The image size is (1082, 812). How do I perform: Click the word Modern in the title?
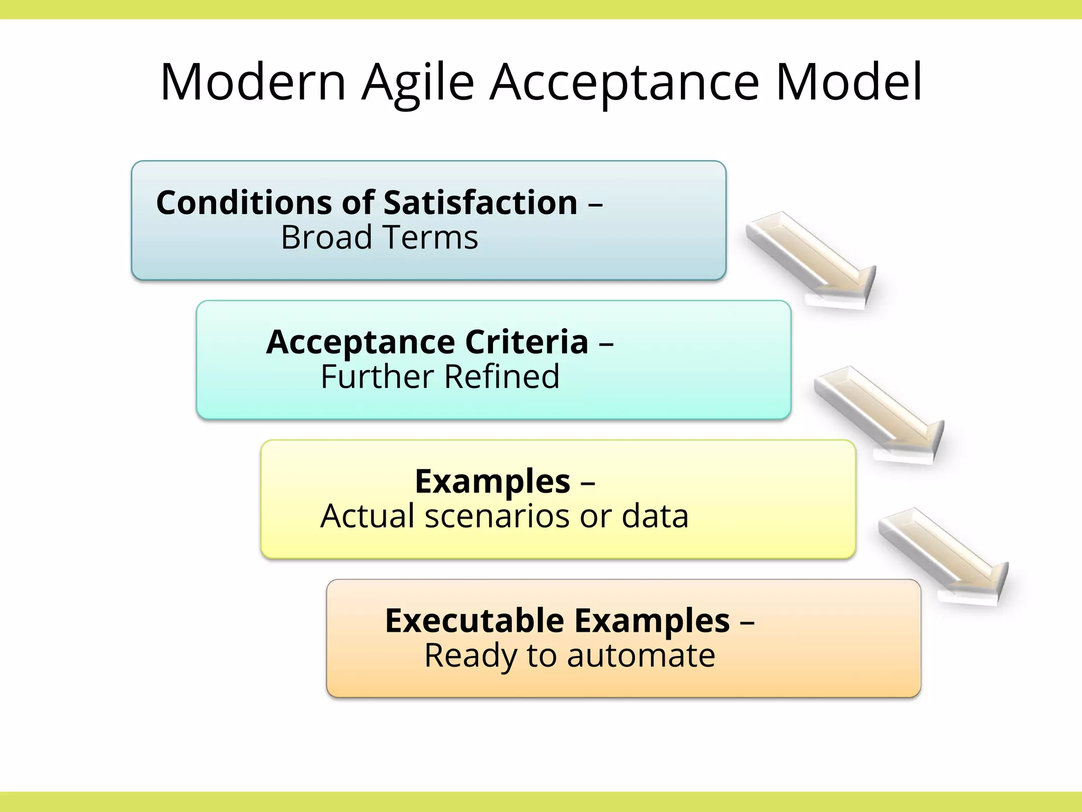pos(253,82)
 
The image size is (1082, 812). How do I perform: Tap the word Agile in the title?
pos(418,83)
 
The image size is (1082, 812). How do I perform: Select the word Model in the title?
pos(849,82)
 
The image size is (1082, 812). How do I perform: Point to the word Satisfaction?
pos(480,202)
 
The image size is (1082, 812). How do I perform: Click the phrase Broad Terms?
pos(379,237)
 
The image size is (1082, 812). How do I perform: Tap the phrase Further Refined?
pos(440,377)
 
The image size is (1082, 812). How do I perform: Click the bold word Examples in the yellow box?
pos(492,482)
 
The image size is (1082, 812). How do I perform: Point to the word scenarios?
pos(497,516)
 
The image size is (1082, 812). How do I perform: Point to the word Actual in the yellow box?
pos(368,516)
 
